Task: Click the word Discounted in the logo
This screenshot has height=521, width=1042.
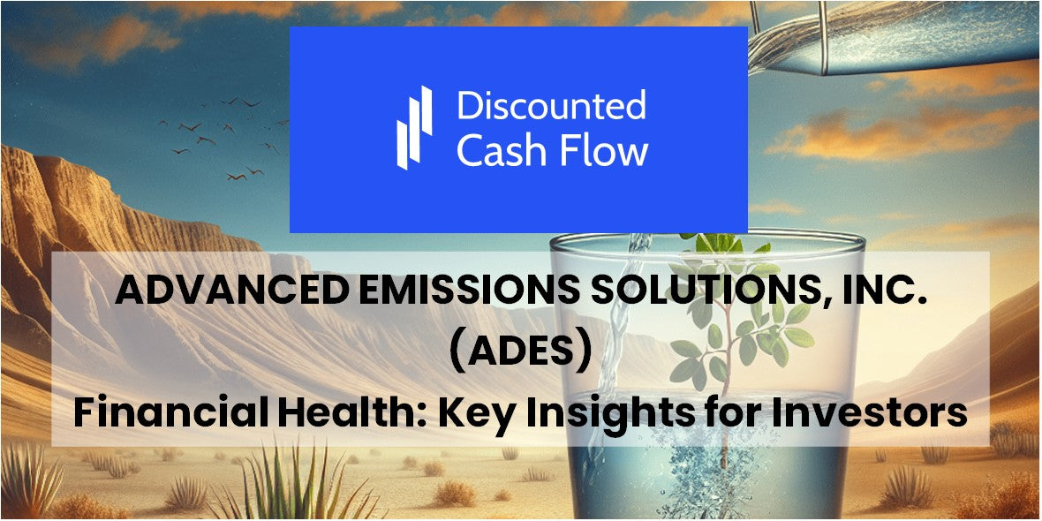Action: pyautogui.click(x=551, y=106)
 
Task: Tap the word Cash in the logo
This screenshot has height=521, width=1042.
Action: pyautogui.click(x=500, y=151)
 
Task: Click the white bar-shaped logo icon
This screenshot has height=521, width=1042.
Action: pyautogui.click(x=413, y=128)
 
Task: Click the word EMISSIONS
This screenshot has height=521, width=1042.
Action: pyautogui.click(x=451, y=291)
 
